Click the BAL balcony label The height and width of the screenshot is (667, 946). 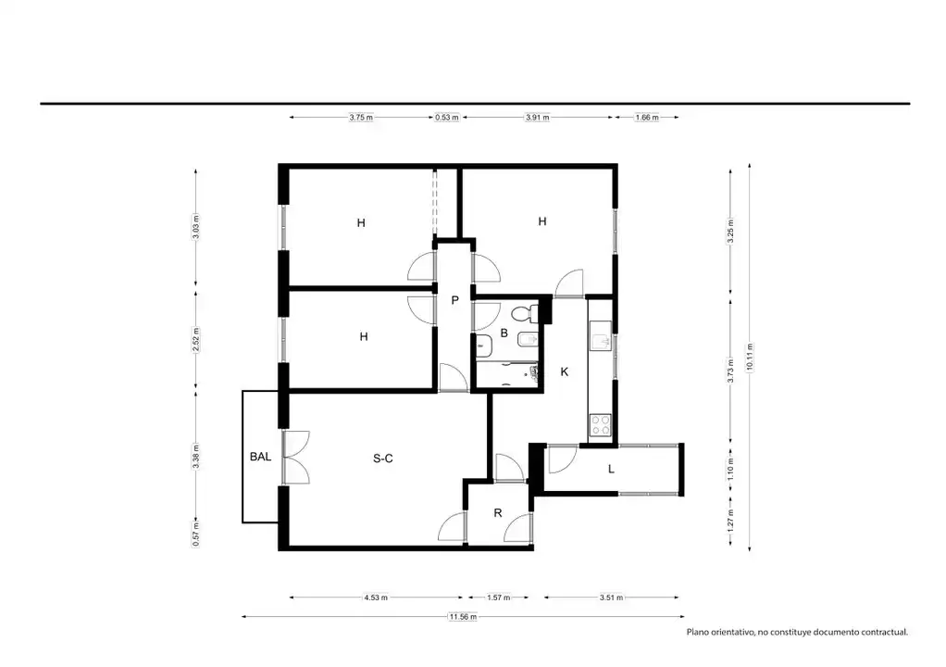click(x=260, y=457)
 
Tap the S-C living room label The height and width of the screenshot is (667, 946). click(x=383, y=459)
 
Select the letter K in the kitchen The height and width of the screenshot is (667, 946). click(x=565, y=371)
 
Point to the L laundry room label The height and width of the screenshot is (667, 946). click(x=611, y=469)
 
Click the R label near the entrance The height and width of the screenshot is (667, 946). click(x=498, y=513)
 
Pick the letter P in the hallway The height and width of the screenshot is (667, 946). click(x=454, y=300)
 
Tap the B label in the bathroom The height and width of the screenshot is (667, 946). click(x=504, y=333)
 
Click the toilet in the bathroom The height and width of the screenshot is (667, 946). click(x=523, y=314)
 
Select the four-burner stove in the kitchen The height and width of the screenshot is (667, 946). click(x=601, y=425)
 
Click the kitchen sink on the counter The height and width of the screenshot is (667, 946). click(x=601, y=342)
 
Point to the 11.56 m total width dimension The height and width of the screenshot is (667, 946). click(x=463, y=617)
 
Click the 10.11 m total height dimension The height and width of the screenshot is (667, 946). click(x=750, y=357)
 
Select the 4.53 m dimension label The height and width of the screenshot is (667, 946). click(x=375, y=598)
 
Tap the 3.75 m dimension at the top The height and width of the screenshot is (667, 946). click(x=361, y=117)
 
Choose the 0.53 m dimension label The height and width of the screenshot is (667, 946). click(x=446, y=117)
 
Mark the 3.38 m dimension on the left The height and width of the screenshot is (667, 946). click(x=195, y=457)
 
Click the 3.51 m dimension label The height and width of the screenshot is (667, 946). click(x=611, y=598)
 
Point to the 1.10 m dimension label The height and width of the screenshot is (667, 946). click(x=730, y=469)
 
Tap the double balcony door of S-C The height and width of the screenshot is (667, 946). click(x=295, y=457)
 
